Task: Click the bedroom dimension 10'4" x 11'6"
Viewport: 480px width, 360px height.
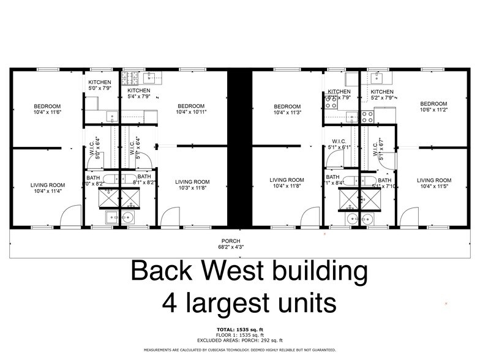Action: tap(48, 113)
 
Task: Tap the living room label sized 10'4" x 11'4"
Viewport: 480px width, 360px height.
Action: tap(48, 190)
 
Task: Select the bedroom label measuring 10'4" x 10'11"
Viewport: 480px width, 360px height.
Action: tap(191, 112)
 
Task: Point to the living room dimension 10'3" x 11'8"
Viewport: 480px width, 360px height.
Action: tap(192, 188)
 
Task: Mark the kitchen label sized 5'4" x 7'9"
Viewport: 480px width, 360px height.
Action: tap(138, 97)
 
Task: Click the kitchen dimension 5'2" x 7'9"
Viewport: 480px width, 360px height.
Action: tap(382, 98)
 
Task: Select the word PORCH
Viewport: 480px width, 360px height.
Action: tap(231, 241)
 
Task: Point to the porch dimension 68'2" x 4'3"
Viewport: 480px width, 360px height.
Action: tap(231, 247)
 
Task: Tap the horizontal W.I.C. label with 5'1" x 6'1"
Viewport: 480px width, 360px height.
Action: tap(339, 148)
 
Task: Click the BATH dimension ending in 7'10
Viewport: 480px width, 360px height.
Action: tap(384, 186)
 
